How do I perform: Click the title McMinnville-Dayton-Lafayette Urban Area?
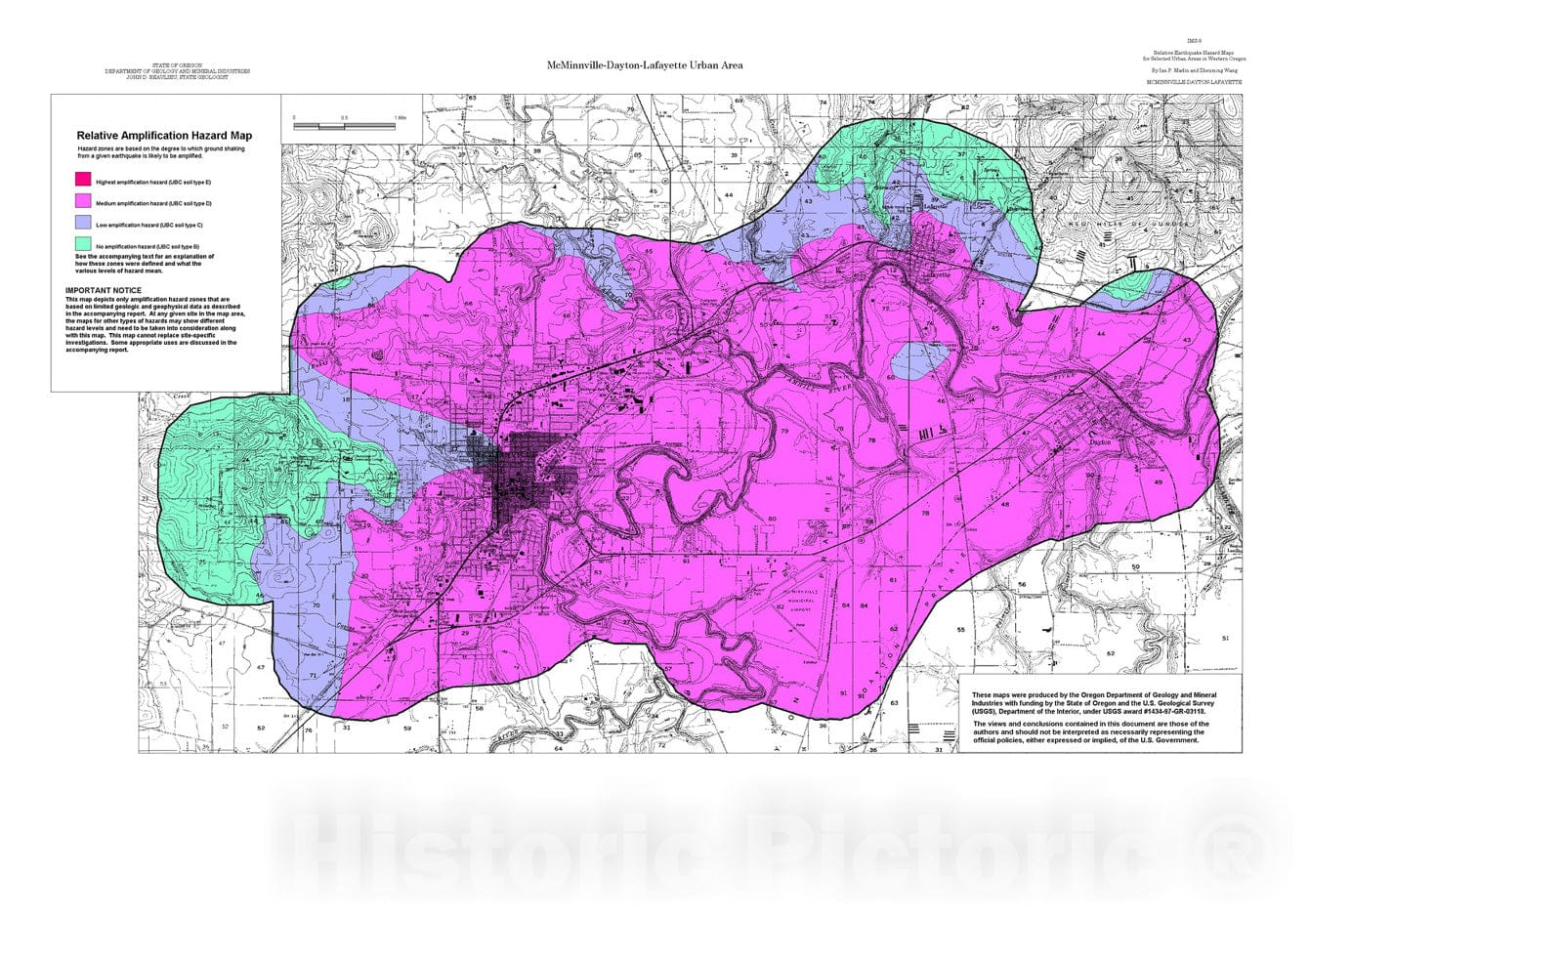point(645,65)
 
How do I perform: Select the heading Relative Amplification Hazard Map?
point(164,136)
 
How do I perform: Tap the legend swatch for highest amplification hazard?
point(83,180)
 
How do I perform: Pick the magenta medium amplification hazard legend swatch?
point(83,201)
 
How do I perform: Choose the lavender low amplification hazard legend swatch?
point(83,223)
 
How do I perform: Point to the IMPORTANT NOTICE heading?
point(104,290)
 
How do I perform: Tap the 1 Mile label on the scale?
point(400,118)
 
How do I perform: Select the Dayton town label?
point(1100,442)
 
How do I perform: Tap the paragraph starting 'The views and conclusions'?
point(1086,732)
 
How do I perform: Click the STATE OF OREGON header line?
point(184,64)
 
